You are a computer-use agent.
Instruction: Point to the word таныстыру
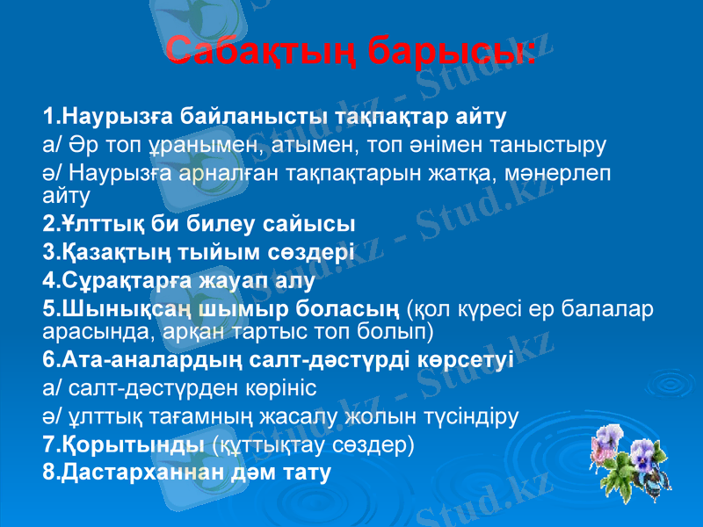(x=561, y=143)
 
